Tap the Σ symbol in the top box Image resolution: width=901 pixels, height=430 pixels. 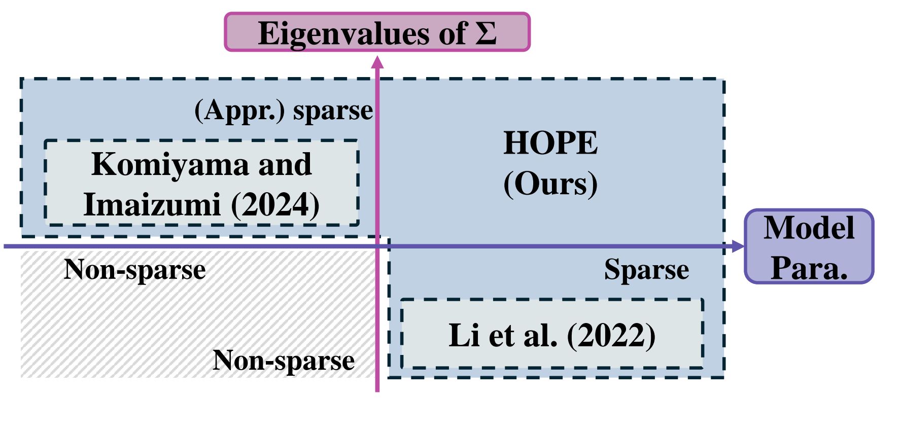(486, 33)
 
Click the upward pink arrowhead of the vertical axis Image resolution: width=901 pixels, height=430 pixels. (377, 62)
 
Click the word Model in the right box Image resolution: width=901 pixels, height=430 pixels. (809, 228)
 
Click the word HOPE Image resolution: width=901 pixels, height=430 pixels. (550, 143)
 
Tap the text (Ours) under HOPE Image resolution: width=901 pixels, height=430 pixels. (550, 184)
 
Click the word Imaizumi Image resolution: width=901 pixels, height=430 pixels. (152, 204)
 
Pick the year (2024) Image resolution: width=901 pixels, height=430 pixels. (275, 204)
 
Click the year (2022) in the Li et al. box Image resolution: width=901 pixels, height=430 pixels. (611, 335)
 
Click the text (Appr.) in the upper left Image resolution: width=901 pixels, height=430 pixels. (240, 110)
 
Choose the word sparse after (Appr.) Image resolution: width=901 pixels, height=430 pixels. (333, 110)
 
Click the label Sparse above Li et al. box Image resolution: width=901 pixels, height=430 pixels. (646, 269)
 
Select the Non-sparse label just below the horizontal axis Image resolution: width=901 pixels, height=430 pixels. (134, 269)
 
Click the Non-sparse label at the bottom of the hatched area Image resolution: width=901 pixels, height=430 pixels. (283, 360)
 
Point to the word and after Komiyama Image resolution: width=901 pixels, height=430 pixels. (285, 164)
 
